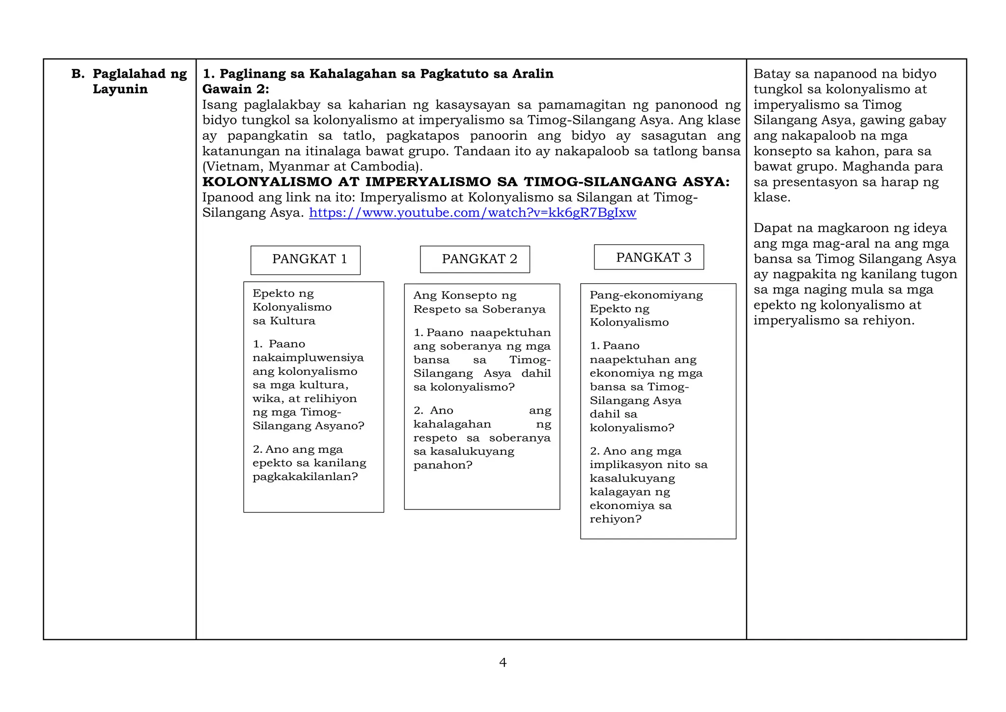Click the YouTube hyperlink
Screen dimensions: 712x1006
(472, 213)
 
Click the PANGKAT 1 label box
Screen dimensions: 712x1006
(305, 260)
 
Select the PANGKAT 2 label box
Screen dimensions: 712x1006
(475, 259)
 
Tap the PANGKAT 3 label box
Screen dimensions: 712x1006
(648, 257)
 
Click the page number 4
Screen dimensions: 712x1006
(503, 662)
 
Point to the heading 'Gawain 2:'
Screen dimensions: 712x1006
(236, 89)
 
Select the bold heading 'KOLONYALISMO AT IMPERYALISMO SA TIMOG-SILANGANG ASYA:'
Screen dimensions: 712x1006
(466, 182)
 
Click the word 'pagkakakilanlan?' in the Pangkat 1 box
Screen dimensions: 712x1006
(305, 476)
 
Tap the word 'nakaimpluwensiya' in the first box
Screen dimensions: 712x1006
(308, 357)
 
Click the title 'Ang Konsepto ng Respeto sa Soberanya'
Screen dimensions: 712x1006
(479, 302)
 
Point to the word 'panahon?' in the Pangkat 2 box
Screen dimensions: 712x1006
(443, 465)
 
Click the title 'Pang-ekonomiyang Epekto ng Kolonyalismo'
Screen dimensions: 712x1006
(646, 308)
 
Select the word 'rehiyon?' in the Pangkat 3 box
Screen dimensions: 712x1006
(615, 519)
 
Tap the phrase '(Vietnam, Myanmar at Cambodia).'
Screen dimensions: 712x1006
(312, 166)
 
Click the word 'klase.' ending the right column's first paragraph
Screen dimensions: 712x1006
(772, 198)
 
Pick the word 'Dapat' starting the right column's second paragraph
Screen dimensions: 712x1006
(772, 228)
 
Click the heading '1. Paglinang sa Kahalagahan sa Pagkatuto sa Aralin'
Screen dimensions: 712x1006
(378, 74)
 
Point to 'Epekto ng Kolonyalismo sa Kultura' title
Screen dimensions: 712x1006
(292, 307)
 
